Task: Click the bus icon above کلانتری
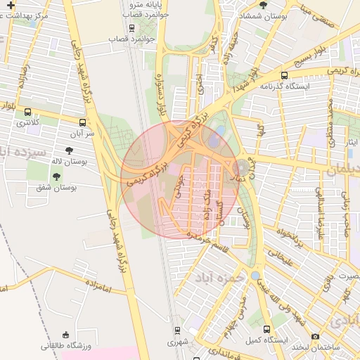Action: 27,112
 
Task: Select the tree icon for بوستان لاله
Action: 69,150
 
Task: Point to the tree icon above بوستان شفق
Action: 56,176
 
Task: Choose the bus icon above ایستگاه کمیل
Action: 266,329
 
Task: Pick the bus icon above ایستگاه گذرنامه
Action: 284,75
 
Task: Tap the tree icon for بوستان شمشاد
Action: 263,5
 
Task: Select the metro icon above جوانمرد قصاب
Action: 132,29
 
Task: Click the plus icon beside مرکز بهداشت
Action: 10,5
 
